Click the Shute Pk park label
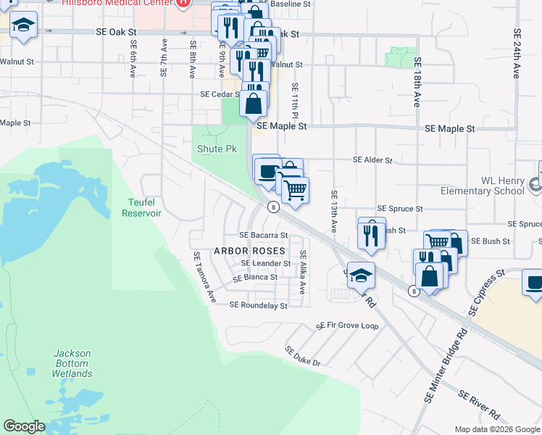[x=217, y=149]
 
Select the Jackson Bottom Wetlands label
[x=72, y=363]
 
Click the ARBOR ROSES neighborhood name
[x=245, y=250]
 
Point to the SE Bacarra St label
[x=264, y=236]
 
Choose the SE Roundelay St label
[x=258, y=306]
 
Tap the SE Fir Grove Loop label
[x=347, y=326]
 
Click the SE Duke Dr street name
[x=302, y=355]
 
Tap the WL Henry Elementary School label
[x=483, y=186]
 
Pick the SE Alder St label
[x=372, y=160]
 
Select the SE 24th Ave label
[x=517, y=54]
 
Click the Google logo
[x=25, y=426]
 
